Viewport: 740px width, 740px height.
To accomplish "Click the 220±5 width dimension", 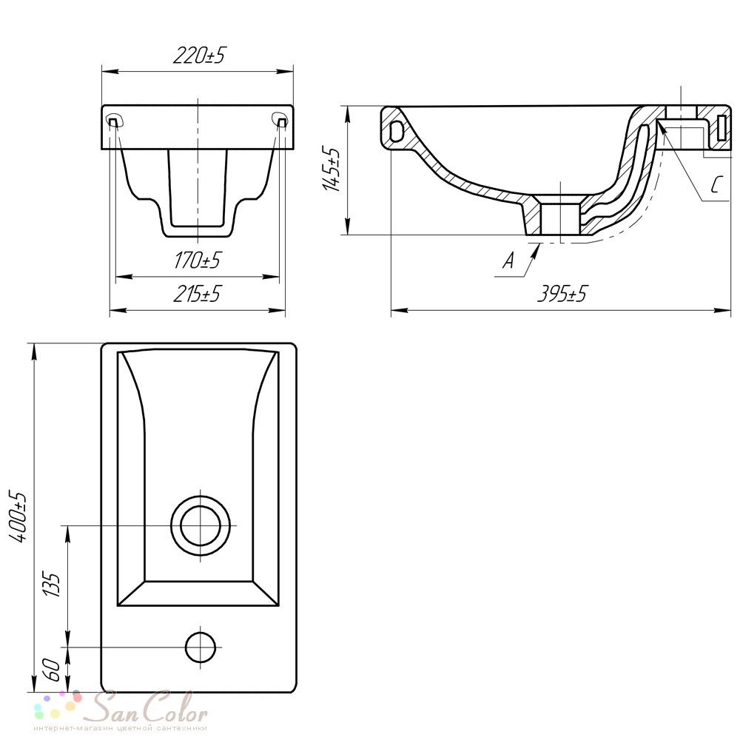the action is (x=199, y=56).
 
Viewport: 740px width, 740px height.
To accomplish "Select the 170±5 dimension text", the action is (x=198, y=260).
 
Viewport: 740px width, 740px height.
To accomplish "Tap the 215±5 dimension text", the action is (x=197, y=294).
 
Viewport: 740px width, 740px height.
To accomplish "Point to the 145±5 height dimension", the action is (x=331, y=169).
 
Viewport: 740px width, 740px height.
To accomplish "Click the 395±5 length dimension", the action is (x=562, y=294).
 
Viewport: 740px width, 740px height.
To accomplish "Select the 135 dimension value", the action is (x=53, y=585).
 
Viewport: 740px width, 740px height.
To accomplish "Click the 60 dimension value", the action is (x=53, y=670).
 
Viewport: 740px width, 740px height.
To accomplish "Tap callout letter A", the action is (x=508, y=260).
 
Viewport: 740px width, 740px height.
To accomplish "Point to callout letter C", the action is (x=716, y=184).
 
